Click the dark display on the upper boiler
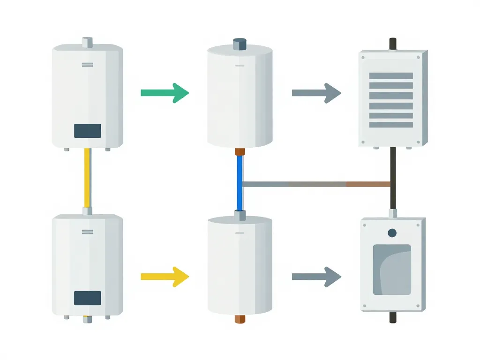tap(87, 131)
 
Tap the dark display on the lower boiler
tap(87, 298)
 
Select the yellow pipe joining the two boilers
tap(87, 178)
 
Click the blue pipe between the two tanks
tap(240, 183)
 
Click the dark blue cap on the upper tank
tap(240, 45)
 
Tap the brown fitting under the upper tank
tap(240, 152)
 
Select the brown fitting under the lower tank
tap(240, 319)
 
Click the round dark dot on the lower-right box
tap(392, 233)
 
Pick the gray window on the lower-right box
tap(392, 270)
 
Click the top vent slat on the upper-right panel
tap(391, 75)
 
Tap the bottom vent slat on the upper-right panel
tap(391, 125)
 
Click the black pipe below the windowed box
tap(392, 317)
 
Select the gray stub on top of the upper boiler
tap(87, 42)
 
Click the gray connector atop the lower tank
tap(240, 216)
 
